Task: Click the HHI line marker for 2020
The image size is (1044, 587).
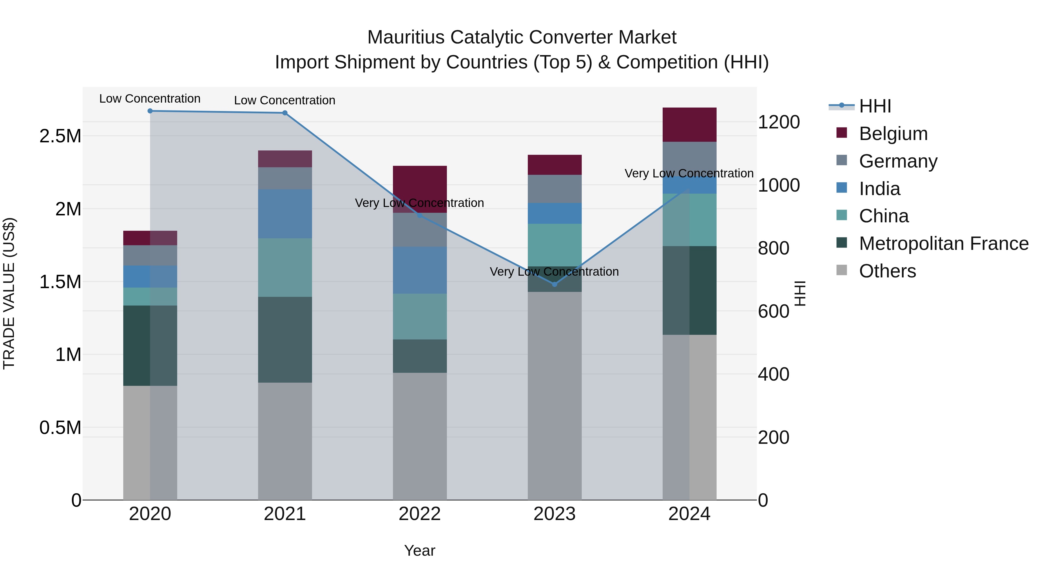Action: pyautogui.click(x=150, y=111)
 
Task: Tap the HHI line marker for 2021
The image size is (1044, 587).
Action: pyautogui.click(x=285, y=113)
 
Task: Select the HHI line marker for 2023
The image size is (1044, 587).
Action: pyautogui.click(x=554, y=284)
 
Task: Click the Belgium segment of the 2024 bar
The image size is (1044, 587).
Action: pyautogui.click(x=689, y=124)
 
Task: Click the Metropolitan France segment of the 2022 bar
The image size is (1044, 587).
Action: pyautogui.click(x=420, y=356)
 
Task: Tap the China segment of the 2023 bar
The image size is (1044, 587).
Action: pyautogui.click(x=554, y=245)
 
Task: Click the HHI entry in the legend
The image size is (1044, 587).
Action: pyautogui.click(x=875, y=106)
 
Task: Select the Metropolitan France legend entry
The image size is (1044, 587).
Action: pyautogui.click(x=943, y=243)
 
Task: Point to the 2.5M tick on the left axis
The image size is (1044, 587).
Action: pyautogui.click(x=60, y=136)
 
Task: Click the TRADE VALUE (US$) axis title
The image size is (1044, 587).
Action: pyautogui.click(x=9, y=293)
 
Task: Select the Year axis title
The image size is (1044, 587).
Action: pyautogui.click(x=419, y=550)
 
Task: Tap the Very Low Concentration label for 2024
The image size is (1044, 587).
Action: pyautogui.click(x=689, y=173)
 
